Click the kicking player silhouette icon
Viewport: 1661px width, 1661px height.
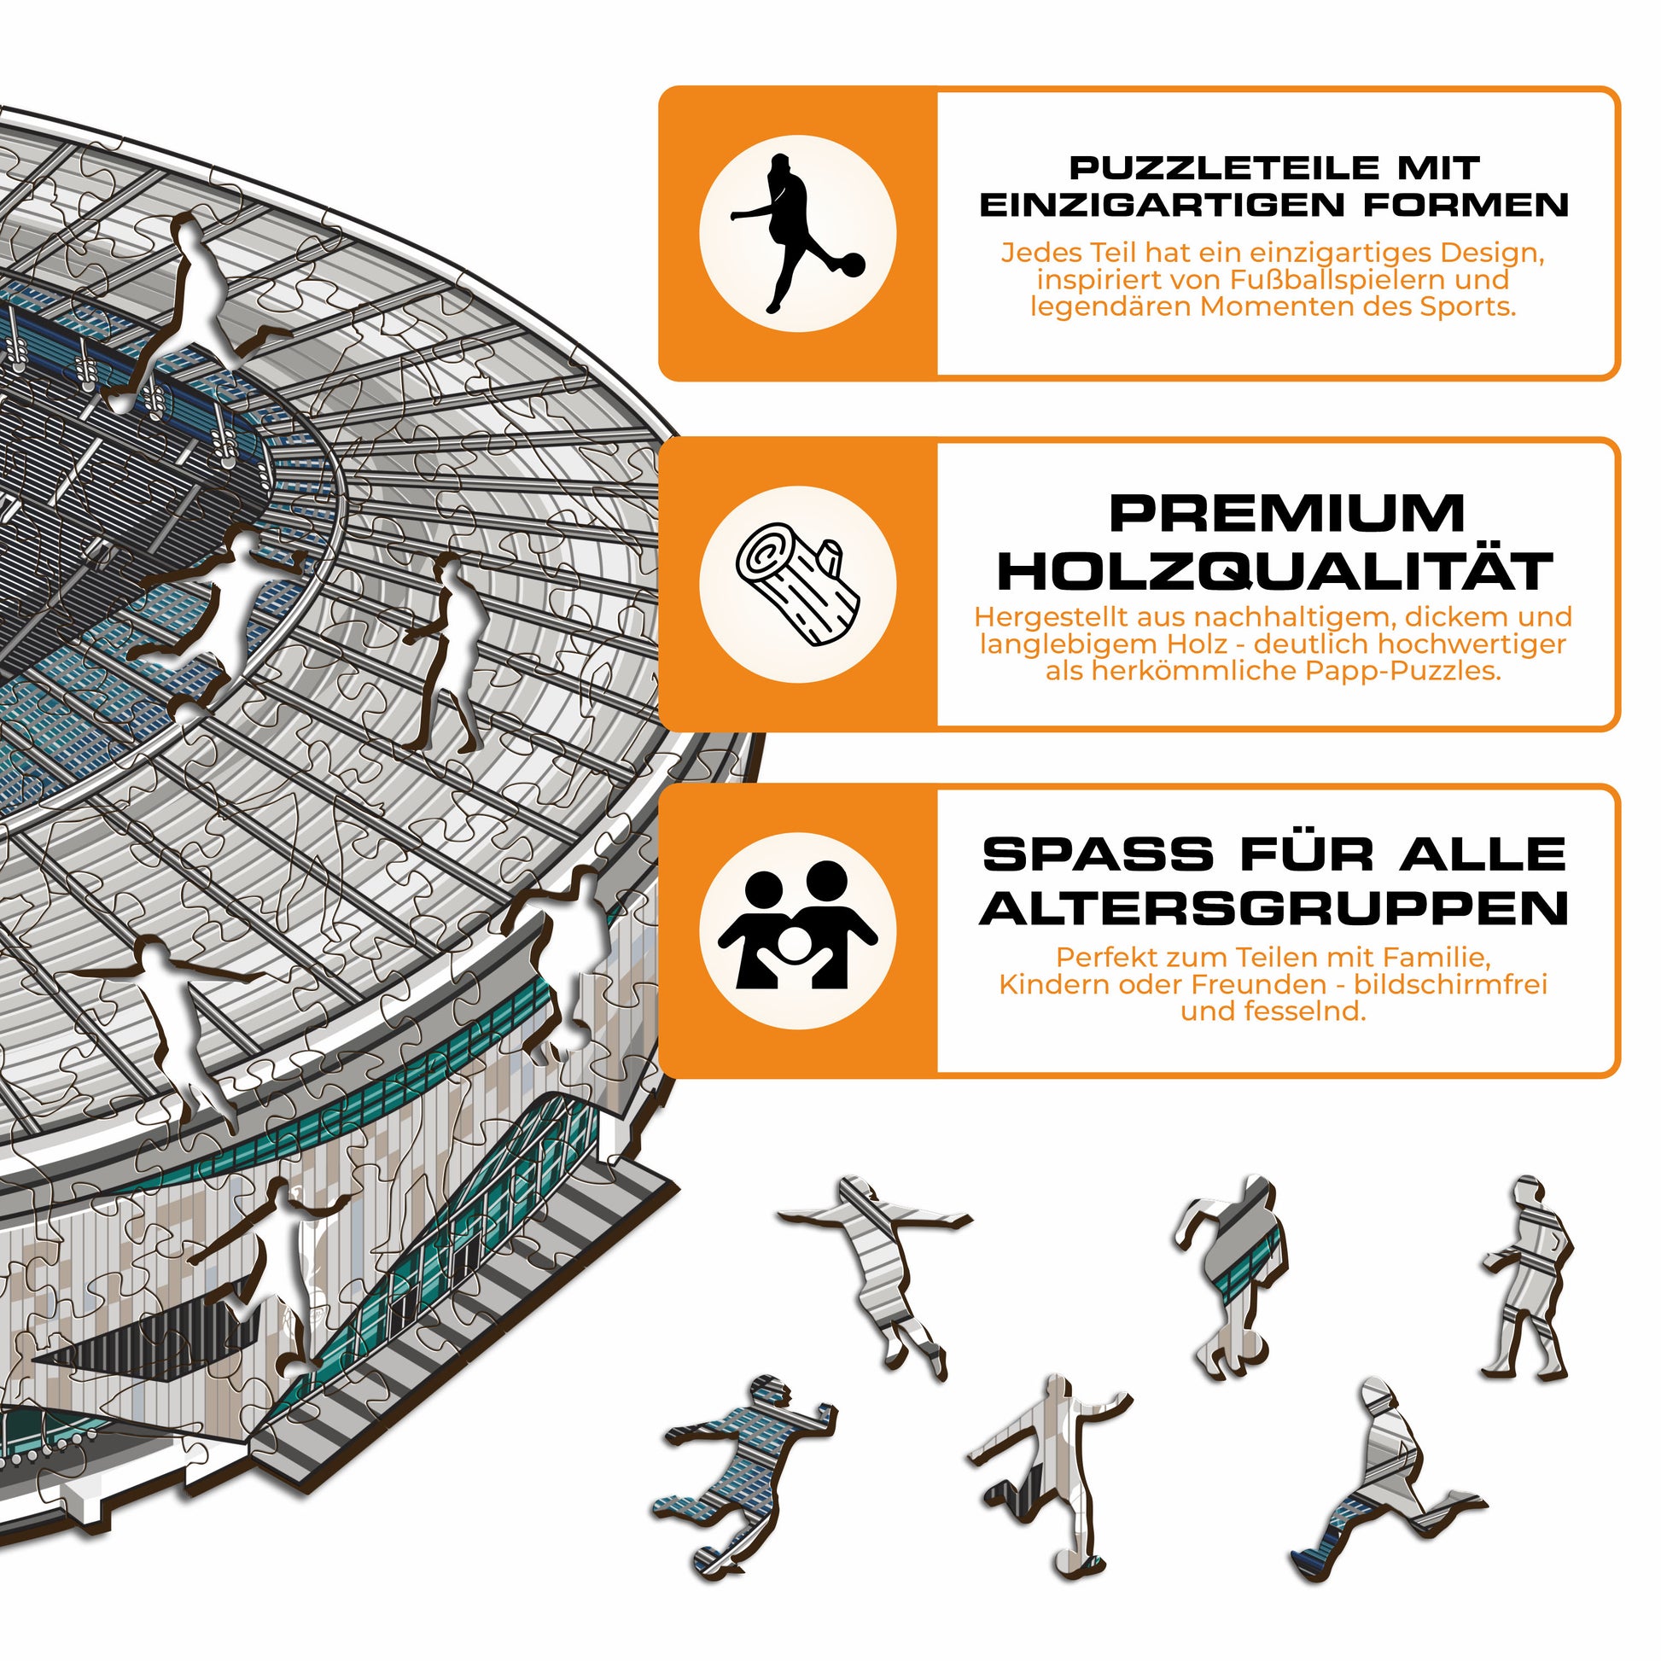[797, 234]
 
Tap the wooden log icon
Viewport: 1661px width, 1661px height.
[797, 585]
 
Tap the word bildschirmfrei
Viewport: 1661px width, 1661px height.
[1450, 984]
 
